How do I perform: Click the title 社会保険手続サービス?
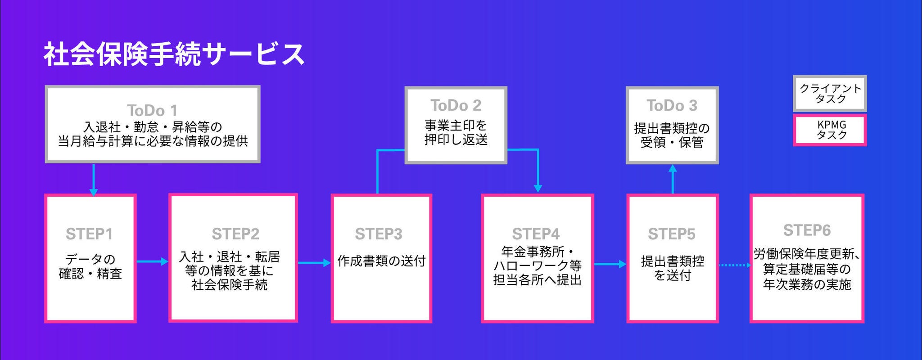(x=174, y=54)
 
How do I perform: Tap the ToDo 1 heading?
(x=152, y=110)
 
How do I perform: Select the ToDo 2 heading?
(x=456, y=105)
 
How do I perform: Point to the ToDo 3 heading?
(x=672, y=106)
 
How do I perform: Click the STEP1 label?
(x=89, y=234)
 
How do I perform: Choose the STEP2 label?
(x=235, y=234)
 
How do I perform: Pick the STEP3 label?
(x=378, y=234)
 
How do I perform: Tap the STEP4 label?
(x=536, y=234)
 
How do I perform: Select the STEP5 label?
(x=672, y=234)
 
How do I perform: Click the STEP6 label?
(x=807, y=230)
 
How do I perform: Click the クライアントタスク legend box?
(x=830, y=94)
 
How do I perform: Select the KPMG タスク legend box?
(x=830, y=130)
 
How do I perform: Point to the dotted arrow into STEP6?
(x=734, y=265)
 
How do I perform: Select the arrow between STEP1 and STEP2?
(x=152, y=261)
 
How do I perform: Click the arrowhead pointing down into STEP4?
(x=538, y=188)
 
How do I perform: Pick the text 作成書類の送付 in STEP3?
(x=381, y=261)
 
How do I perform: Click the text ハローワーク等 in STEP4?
(x=538, y=265)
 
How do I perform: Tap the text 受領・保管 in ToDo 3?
(x=672, y=143)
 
